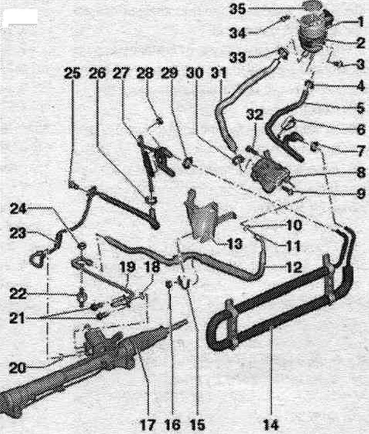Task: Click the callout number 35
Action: (x=237, y=9)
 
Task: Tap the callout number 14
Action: (x=271, y=424)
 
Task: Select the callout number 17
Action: (x=148, y=424)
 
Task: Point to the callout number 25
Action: (x=72, y=74)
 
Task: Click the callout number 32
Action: (x=255, y=114)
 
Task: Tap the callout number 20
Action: (x=17, y=368)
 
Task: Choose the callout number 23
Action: (x=18, y=233)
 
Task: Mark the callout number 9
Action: (x=361, y=193)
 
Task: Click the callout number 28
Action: (x=145, y=74)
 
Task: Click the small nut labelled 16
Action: (x=169, y=284)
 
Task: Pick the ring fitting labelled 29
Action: (x=187, y=162)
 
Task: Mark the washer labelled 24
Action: (x=82, y=246)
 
